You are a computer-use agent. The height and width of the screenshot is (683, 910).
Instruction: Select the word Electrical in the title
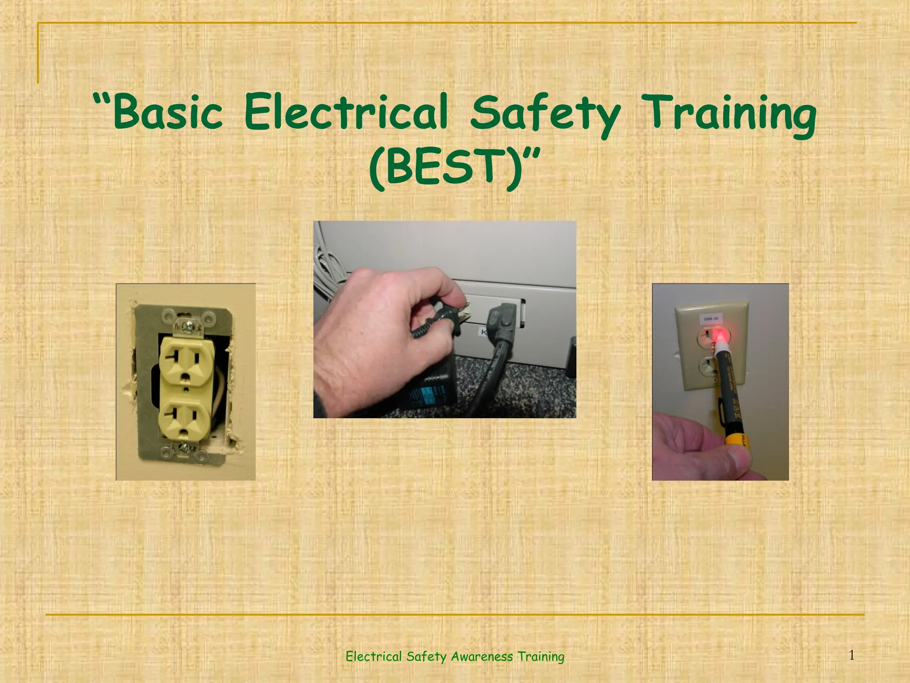point(345,112)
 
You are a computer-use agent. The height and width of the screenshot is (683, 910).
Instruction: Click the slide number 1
point(851,655)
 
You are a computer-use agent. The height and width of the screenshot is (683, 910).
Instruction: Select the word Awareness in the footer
point(482,656)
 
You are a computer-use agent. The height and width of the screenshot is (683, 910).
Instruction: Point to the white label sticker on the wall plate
point(711,319)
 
